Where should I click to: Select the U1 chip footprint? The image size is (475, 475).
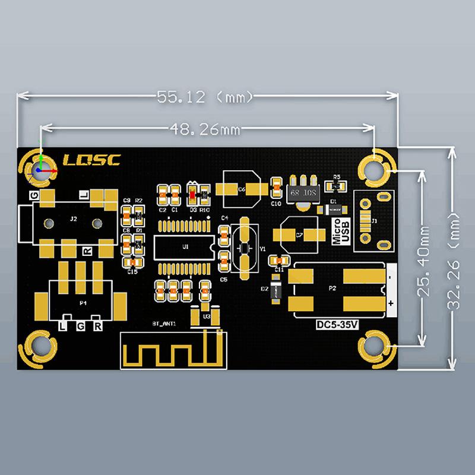point(185,246)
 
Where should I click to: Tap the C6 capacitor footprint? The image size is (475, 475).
point(241,189)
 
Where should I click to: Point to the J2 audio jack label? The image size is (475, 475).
point(73,219)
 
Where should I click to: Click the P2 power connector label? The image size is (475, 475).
point(332,289)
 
